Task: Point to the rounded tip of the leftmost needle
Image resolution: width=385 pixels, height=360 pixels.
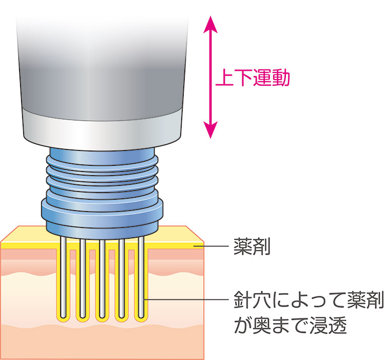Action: coord(62,314)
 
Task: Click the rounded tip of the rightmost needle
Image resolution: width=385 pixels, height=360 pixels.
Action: coord(141,314)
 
